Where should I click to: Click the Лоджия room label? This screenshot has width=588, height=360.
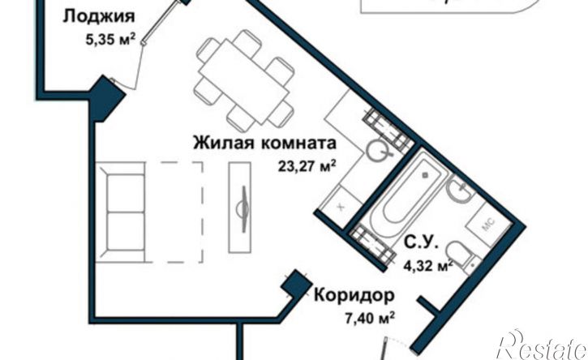(98, 17)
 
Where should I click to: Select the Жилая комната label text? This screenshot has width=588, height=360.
(264, 144)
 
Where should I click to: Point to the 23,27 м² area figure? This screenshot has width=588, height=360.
(306, 168)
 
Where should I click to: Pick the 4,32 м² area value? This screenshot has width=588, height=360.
(427, 264)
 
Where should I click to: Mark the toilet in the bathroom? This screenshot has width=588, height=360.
(462, 255)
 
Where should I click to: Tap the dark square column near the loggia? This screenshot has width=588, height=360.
(108, 96)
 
